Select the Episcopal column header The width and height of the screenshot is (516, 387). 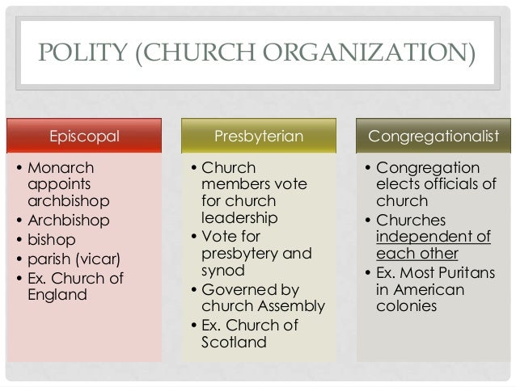pos(85,136)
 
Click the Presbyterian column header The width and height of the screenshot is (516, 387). pos(258,136)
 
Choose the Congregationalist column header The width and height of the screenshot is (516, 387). pos(434,136)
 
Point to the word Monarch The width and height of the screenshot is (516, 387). pos(61,169)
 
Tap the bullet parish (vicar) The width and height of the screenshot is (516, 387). pos(75,259)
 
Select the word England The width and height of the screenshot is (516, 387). pos(57,295)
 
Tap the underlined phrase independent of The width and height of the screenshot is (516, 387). pos(433,237)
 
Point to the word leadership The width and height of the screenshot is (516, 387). pos(239,218)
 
